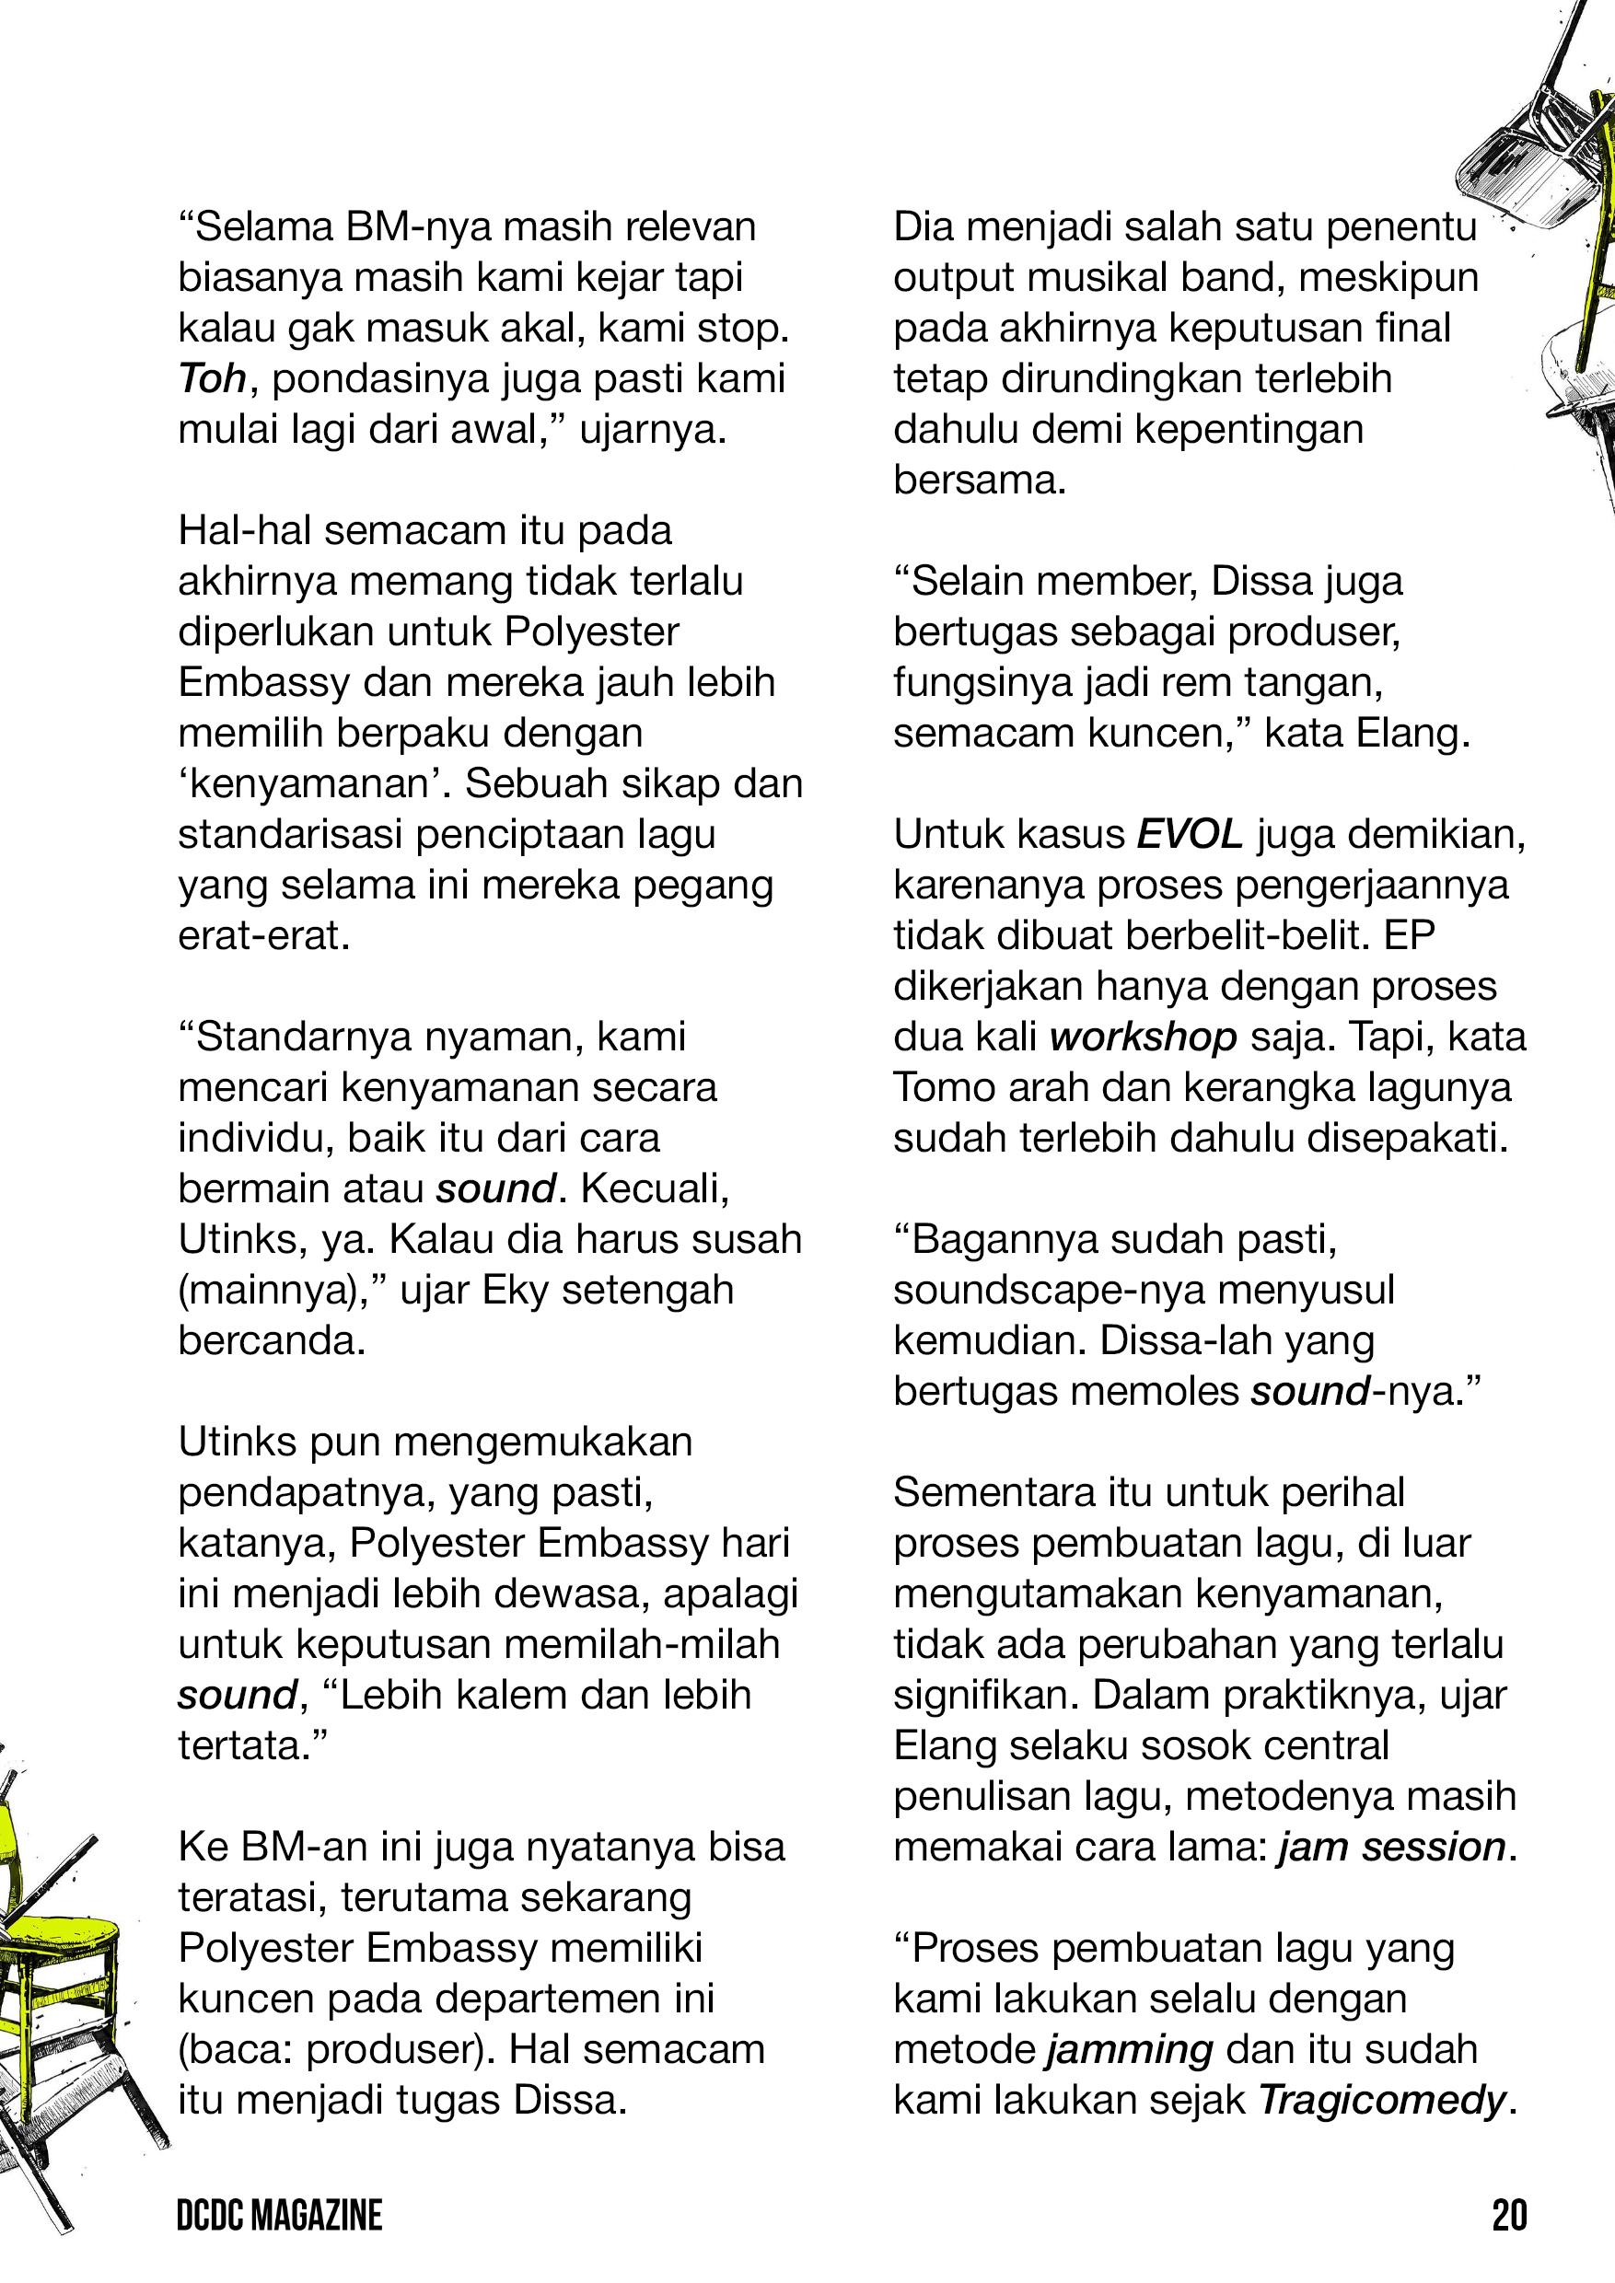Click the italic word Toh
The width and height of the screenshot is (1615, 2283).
click(212, 379)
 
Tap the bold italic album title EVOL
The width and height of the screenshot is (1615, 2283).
click(1190, 834)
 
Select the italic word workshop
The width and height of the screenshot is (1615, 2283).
click(1143, 1037)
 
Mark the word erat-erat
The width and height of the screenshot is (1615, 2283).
click(263, 935)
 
